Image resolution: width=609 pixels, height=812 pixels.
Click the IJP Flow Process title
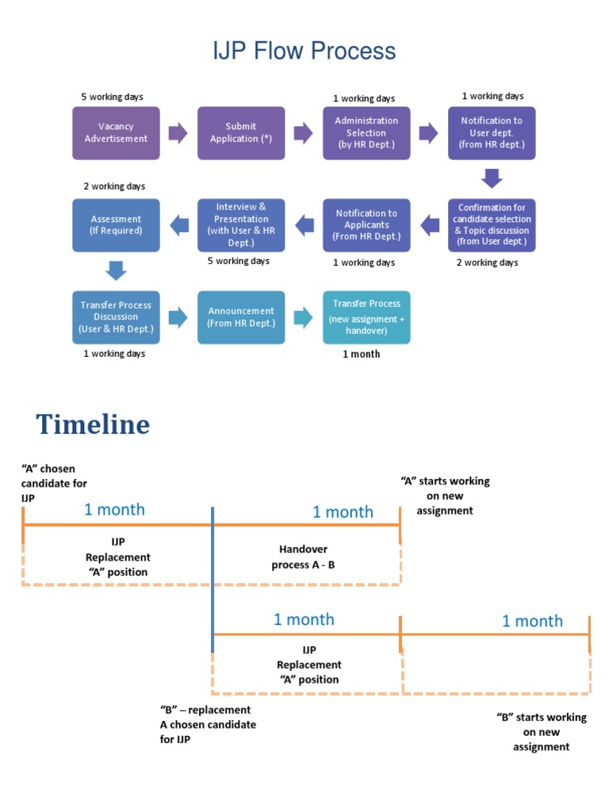pos(304,52)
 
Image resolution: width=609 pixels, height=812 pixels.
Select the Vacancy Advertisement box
pos(116,132)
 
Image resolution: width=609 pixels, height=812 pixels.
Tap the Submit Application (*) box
pos(241,132)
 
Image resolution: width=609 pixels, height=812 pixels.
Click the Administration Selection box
pos(366,132)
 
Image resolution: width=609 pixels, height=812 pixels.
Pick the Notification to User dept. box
pos(492,132)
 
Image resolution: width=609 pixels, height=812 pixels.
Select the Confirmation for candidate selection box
pos(492,225)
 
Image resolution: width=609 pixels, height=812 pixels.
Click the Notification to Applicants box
pos(366,225)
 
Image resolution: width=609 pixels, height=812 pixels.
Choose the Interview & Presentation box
pos(241,225)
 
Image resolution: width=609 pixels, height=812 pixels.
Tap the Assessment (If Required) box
pos(116,225)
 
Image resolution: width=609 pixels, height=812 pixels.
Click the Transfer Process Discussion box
pos(116,317)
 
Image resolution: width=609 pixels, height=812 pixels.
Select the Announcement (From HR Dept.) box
pos(241,317)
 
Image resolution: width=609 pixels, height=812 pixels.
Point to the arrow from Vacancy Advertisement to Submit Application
pos(178,132)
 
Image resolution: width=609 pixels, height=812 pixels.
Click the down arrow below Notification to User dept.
pos(492,178)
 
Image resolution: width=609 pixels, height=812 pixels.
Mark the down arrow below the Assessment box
pos(116,270)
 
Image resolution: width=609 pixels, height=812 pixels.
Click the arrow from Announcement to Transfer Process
pos(304,317)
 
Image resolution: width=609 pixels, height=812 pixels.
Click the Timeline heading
pos(93,425)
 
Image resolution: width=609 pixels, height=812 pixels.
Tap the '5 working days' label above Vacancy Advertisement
pos(112,97)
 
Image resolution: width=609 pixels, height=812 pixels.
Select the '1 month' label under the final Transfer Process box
pos(361,354)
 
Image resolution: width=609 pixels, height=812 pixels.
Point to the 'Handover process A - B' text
pos(304,557)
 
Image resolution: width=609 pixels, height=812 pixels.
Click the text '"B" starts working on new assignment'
pos(542,732)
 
